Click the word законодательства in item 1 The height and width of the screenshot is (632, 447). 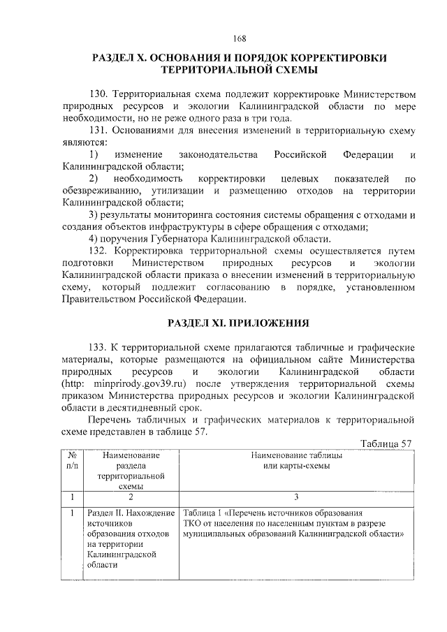218,154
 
